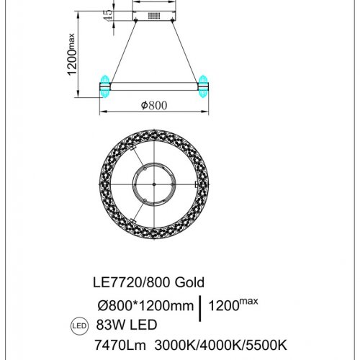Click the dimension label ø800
(154, 105)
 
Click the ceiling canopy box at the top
(154, 15)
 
